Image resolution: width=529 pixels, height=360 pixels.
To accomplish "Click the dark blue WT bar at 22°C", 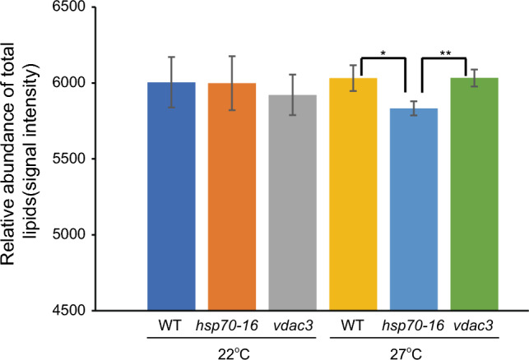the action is click(x=171, y=196).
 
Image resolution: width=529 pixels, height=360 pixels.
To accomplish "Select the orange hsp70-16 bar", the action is click(x=232, y=196).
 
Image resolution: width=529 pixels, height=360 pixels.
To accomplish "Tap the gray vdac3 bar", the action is click(x=293, y=202).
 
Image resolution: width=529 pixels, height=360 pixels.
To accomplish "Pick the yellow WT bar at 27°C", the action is click(x=353, y=194).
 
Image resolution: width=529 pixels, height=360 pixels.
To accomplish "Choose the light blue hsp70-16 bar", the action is click(x=414, y=210).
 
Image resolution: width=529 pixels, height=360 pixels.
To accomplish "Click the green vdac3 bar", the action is click(x=475, y=194).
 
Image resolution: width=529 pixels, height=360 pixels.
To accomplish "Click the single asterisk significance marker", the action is click(x=383, y=53).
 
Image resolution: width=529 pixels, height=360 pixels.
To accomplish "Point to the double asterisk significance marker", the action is click(x=445, y=53).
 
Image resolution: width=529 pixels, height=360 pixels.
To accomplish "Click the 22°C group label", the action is click(x=234, y=353).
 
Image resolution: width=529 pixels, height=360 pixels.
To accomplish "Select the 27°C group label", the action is click(x=407, y=353).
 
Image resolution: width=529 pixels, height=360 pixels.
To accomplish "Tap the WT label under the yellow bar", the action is click(x=352, y=325).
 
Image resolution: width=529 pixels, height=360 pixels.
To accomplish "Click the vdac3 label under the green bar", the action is click(x=473, y=325).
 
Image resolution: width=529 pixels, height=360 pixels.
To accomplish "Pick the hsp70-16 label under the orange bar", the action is click(x=227, y=325).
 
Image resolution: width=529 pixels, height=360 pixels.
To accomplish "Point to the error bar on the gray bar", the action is click(x=293, y=95).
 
